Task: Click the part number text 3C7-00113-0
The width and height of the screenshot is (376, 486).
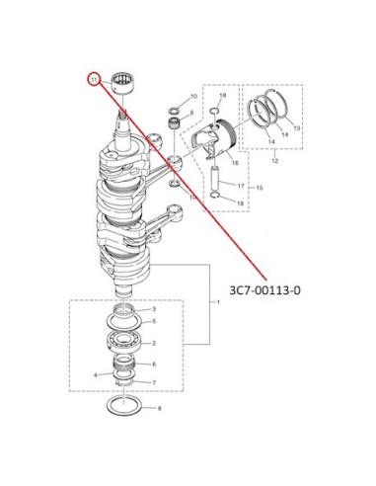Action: coord(264,290)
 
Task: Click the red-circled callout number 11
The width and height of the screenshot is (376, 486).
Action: coord(95,80)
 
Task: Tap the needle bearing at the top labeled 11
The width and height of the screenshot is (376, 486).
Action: coord(125,83)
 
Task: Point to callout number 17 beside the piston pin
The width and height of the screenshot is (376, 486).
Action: coord(241,186)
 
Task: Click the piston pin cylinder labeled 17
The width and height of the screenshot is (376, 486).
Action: coord(215,179)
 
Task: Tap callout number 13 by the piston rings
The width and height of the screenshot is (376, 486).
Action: coord(297,128)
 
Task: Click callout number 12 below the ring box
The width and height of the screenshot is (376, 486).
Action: coord(275,161)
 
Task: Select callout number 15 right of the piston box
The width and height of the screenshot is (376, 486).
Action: coord(260,188)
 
